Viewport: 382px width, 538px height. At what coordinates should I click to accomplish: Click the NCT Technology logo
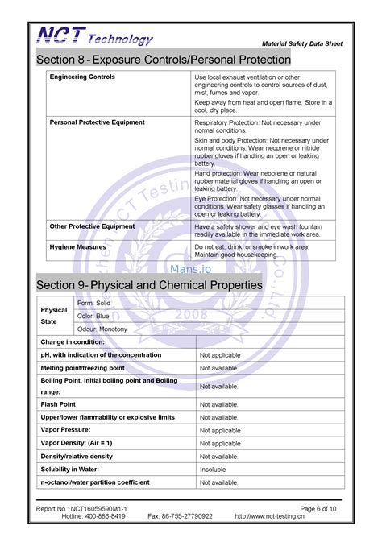(x=93, y=37)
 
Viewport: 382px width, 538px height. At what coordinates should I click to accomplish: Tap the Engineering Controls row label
(x=82, y=77)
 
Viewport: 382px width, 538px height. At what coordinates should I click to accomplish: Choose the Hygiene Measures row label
(x=78, y=246)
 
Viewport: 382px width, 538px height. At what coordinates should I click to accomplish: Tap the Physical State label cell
(x=54, y=316)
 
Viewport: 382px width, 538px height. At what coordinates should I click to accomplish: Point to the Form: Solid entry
(x=93, y=303)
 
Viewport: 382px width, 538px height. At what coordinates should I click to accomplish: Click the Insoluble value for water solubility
(x=213, y=469)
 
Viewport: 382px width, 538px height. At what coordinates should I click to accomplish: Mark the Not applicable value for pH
(x=220, y=355)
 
